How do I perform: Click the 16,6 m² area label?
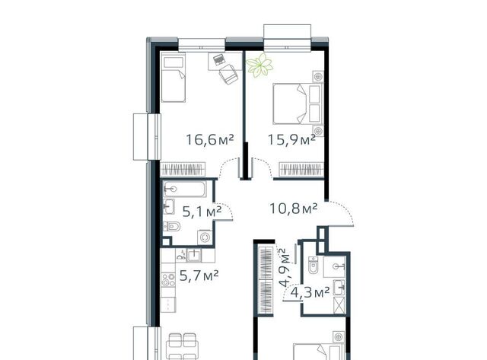pyautogui.click(x=209, y=140)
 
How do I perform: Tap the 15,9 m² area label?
pyautogui.click(x=291, y=139)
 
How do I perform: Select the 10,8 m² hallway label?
pyautogui.click(x=293, y=208)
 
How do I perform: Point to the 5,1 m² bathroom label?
pyautogui.click(x=202, y=212)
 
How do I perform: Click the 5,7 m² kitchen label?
pyautogui.click(x=199, y=276)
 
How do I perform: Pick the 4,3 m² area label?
pyautogui.click(x=310, y=292)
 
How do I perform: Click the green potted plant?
pyautogui.click(x=259, y=65)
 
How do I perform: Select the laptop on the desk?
pyautogui.click(x=219, y=59)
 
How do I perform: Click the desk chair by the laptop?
pyautogui.click(x=228, y=75)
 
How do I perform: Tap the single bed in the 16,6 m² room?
pyautogui.click(x=173, y=78)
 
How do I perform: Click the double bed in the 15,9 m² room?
pyautogui.click(x=298, y=104)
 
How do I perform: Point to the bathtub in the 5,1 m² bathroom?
pyautogui.click(x=184, y=189)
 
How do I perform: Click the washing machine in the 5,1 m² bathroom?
pyautogui.click(x=205, y=237)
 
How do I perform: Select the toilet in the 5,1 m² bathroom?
pyautogui.click(x=172, y=227)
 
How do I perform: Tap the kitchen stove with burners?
pyautogui.click(x=168, y=279)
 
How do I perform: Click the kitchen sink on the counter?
pyautogui.click(x=195, y=255)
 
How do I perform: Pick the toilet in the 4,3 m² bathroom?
pyautogui.click(x=313, y=264)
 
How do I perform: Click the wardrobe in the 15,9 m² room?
pyautogui.click(x=301, y=170)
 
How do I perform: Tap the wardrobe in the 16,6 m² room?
pyautogui.click(x=183, y=170)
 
